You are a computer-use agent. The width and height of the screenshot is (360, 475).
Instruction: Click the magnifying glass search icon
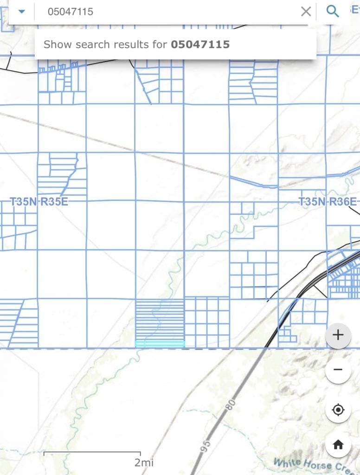(332, 11)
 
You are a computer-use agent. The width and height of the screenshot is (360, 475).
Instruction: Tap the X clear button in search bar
(306, 11)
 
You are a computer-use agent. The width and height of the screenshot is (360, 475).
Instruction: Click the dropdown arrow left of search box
(21, 11)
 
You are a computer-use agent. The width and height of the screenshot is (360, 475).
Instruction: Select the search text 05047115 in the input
(70, 12)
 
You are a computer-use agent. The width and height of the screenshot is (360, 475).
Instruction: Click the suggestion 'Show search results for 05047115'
(136, 45)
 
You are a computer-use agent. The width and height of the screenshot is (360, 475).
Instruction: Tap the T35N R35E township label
(42, 202)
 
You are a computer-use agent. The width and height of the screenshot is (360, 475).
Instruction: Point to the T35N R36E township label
(328, 202)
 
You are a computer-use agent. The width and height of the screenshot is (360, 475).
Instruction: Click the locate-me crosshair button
(338, 410)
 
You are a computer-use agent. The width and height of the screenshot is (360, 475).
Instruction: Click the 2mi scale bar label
(144, 462)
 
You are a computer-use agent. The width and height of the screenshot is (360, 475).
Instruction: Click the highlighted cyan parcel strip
(160, 344)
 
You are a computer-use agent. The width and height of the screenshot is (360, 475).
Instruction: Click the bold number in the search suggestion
(200, 45)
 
